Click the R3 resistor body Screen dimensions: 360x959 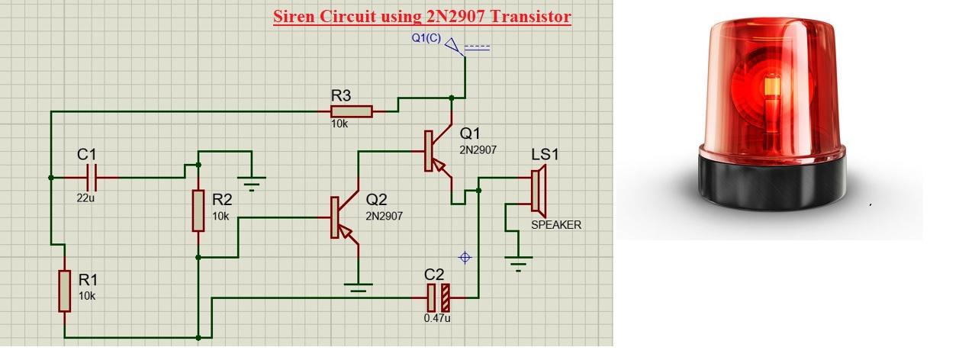pos(351,111)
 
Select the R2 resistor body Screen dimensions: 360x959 pos(198,211)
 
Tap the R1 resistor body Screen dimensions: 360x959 pos(64,290)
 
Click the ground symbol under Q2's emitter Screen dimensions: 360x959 pos(357,287)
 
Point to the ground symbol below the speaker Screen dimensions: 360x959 pos(519,264)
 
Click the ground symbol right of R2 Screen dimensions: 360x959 pos(252,182)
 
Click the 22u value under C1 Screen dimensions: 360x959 pos(86,198)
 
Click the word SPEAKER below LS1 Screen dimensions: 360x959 pos(556,225)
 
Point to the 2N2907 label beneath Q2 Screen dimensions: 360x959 pos(385,216)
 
